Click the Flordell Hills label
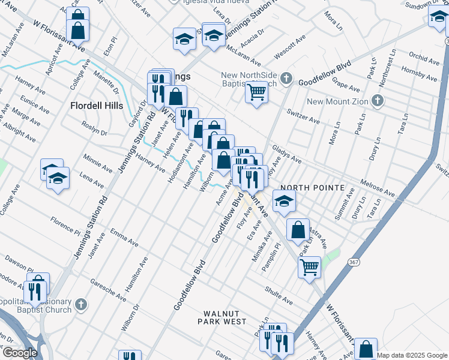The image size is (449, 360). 97,106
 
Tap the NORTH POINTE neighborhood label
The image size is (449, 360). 312,188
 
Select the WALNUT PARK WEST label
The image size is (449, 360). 224,317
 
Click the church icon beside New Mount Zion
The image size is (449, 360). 378,100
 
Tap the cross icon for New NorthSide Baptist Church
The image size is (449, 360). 286,78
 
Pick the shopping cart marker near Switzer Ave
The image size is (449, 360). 256,92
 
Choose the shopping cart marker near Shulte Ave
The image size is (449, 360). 309,266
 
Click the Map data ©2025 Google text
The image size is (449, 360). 412,355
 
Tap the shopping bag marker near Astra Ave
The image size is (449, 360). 298,229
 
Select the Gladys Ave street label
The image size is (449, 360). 286,154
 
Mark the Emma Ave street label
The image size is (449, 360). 124,238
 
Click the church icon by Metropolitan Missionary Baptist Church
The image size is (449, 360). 82,305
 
